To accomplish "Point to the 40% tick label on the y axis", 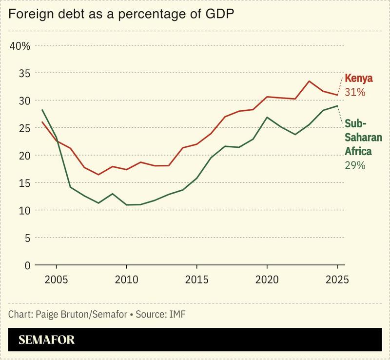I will (19, 46).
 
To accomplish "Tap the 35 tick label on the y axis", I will (24, 73).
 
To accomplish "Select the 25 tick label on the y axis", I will (24, 128).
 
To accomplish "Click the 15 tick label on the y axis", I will (24, 183).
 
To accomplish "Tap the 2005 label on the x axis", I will (57, 280).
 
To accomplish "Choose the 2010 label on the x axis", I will (126, 280).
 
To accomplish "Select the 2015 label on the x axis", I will (196, 280).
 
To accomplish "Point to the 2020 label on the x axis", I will (267, 280).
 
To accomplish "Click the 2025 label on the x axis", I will (336, 280).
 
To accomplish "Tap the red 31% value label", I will (355, 92).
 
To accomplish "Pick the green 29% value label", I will (355, 165).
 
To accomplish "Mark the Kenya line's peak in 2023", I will (309, 81).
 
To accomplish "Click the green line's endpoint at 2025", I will (337, 106).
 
